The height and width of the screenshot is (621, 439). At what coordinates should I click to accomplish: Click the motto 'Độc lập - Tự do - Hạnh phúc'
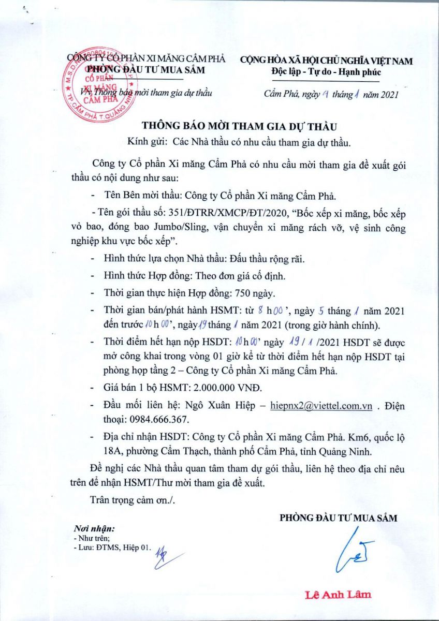(326, 72)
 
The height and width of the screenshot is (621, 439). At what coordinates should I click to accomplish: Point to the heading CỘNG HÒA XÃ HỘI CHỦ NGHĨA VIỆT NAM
(326, 61)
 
